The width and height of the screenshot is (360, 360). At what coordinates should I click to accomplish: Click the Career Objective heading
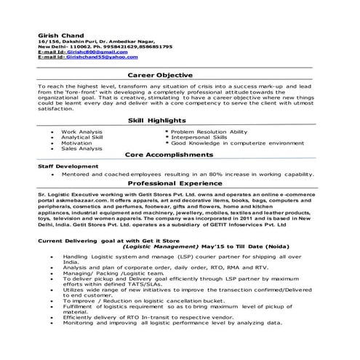(x=160, y=75)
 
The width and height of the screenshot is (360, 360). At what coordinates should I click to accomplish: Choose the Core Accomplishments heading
(x=169, y=156)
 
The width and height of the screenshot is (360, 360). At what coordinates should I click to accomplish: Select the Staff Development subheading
(x=68, y=167)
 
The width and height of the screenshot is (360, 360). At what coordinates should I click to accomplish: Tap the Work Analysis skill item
(x=81, y=131)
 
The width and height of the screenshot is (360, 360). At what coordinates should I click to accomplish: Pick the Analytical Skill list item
(x=82, y=137)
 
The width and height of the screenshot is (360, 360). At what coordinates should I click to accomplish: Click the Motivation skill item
(x=76, y=143)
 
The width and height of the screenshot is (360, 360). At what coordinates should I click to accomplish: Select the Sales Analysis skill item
(x=81, y=149)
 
